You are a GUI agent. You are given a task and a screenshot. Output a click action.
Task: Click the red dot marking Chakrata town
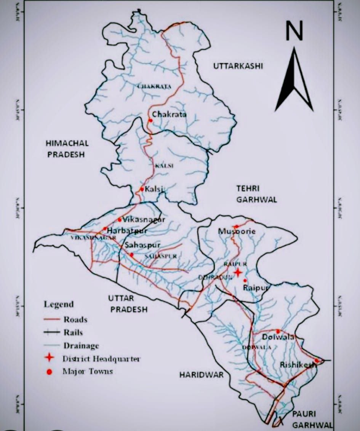click(x=150, y=121)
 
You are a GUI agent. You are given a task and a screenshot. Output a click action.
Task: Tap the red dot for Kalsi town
click(x=142, y=189)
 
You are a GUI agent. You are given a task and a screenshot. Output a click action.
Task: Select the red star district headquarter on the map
click(x=238, y=272)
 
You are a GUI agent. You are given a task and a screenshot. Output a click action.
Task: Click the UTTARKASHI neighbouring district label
click(x=238, y=66)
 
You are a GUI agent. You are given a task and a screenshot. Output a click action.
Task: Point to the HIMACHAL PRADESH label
click(x=67, y=149)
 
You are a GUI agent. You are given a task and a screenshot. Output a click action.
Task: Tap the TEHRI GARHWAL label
click(x=256, y=194)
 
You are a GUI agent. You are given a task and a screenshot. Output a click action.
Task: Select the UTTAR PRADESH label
click(x=127, y=303)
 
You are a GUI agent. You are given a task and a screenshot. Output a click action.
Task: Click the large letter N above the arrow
click(x=294, y=31)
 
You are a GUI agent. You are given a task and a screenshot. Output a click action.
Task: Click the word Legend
click(x=59, y=305)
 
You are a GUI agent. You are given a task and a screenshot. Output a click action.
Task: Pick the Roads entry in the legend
click(x=75, y=319)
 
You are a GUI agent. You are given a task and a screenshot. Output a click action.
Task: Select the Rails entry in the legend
click(x=73, y=332)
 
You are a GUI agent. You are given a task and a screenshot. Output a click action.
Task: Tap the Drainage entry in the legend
click(x=81, y=346)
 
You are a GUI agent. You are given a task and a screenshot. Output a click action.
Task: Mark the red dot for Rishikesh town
click(x=316, y=361)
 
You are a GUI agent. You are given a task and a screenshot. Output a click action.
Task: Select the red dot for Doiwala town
click(x=278, y=331)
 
